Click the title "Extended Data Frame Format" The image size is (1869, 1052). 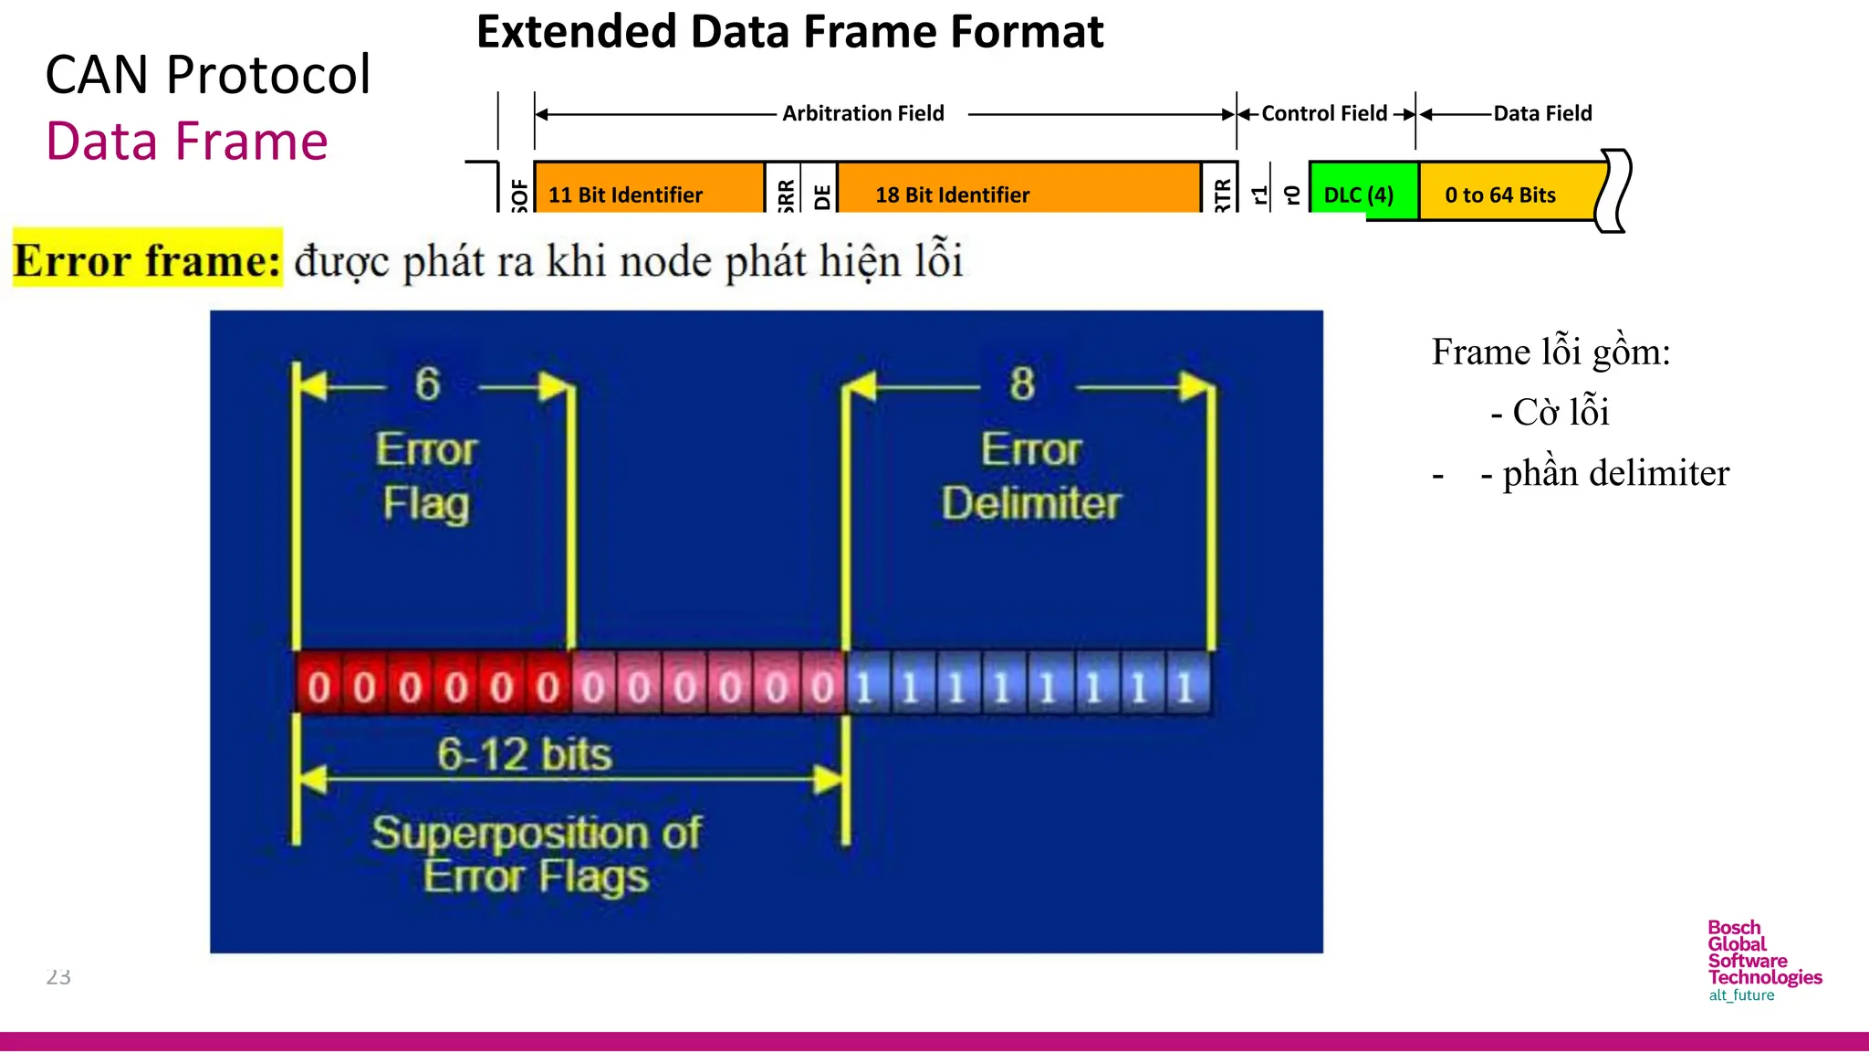[x=789, y=33]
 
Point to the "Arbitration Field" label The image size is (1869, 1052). [x=862, y=113]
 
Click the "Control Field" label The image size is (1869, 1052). [x=1323, y=113]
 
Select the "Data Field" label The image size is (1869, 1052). [x=1542, y=113]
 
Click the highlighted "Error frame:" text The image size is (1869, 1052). [x=148, y=259]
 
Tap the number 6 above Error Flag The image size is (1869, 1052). [x=427, y=384]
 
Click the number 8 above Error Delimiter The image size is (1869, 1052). [x=1022, y=384]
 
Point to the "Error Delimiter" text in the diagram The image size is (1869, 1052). [x=1031, y=477]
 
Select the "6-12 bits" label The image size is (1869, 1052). [x=524, y=755]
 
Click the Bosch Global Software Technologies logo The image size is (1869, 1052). [x=1763, y=961]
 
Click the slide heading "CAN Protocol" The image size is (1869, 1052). [x=208, y=75]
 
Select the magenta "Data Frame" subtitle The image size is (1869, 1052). [x=187, y=142]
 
